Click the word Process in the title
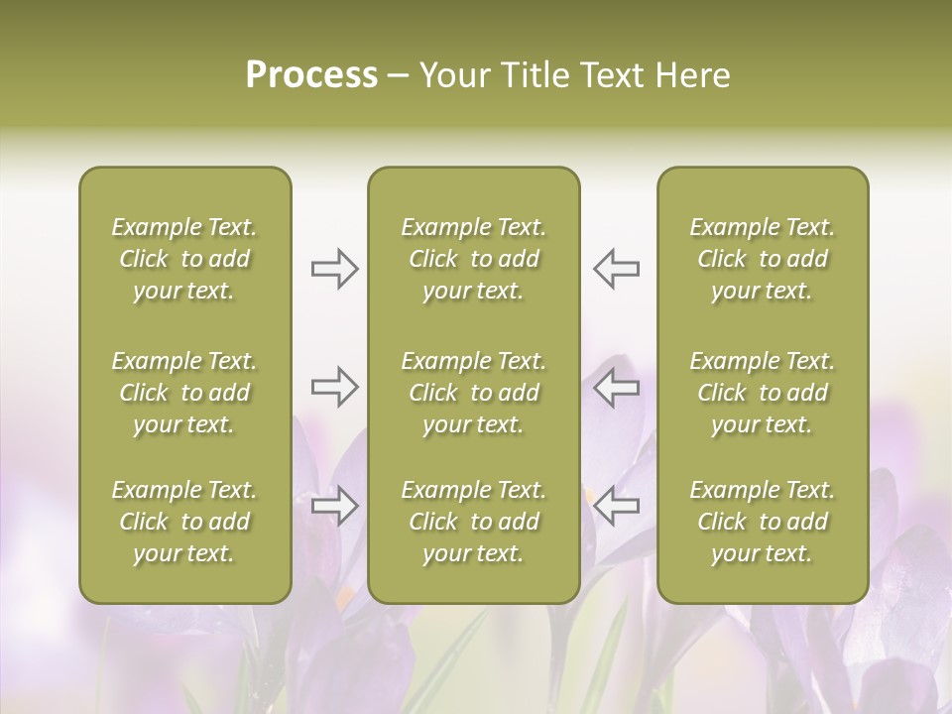pos(311,75)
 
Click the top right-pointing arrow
pos(335,268)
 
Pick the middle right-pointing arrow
pos(335,387)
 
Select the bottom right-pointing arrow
pos(335,506)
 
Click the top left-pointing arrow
pos(616,268)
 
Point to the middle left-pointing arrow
pos(616,387)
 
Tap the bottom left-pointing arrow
pos(616,506)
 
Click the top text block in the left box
pos(184,259)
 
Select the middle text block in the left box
pos(184,393)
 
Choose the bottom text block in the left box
pos(184,522)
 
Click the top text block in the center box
pos(474,259)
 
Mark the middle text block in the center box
pos(474,393)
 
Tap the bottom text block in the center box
pos(474,522)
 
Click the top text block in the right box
pos(763,259)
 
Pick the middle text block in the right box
pos(763,393)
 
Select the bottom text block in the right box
pos(763,522)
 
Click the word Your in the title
pos(452,75)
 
